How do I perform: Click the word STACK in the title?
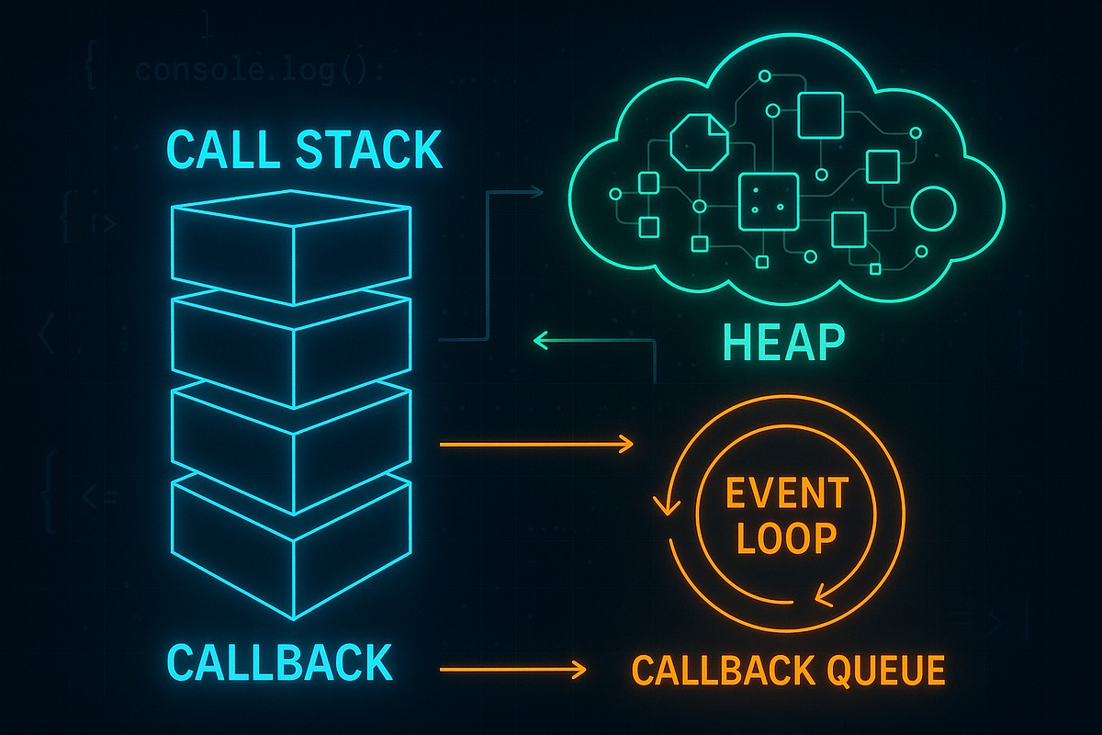pos(368,150)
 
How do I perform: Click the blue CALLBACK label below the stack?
pos(280,662)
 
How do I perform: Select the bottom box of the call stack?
pos(291,551)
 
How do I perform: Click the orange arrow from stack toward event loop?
pos(537,445)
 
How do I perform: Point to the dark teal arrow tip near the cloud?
pos(537,192)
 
